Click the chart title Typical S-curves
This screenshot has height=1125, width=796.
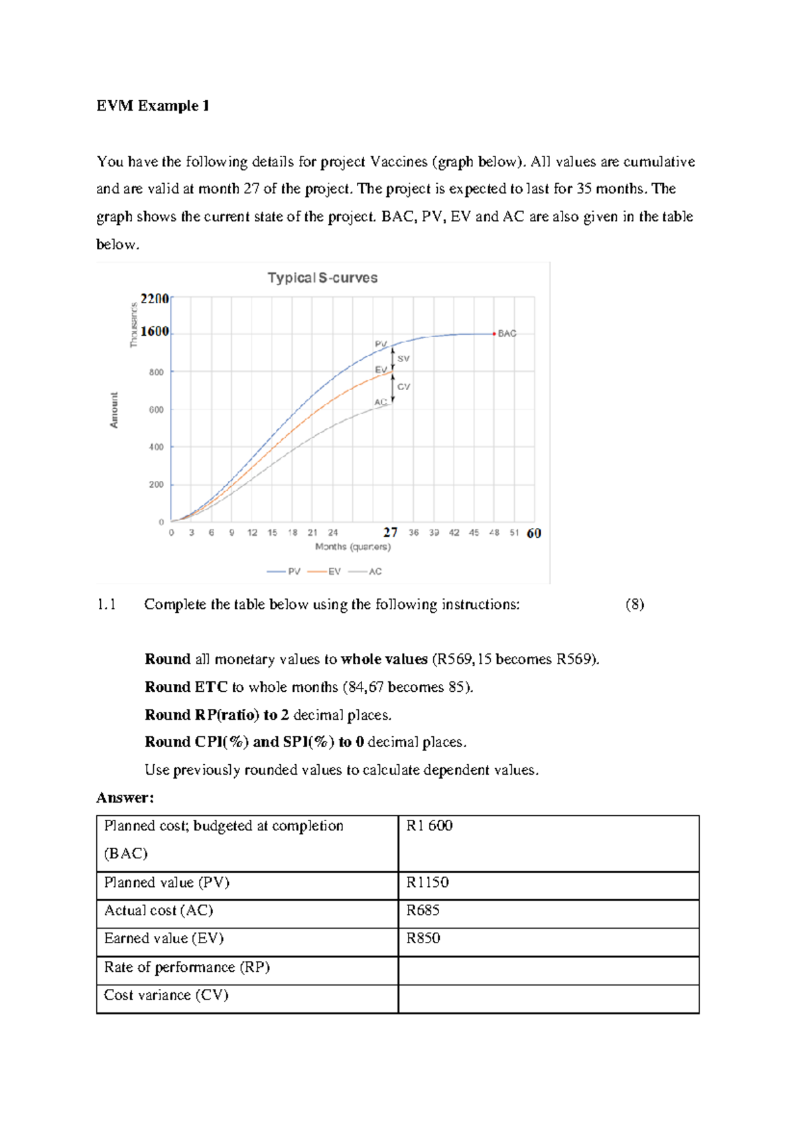coord(322,278)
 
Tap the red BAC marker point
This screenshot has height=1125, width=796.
coord(494,334)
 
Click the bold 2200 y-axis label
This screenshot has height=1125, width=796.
coord(155,298)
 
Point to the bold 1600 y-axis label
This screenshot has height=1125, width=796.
coord(155,331)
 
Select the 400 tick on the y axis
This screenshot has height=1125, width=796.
coord(157,447)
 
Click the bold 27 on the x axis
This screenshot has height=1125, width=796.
coord(390,533)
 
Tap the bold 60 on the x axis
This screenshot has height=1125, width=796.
coord(534,533)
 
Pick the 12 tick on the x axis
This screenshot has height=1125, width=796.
coord(252,533)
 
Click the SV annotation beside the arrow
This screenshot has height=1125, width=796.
coord(403,359)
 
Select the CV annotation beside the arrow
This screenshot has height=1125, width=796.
coord(403,387)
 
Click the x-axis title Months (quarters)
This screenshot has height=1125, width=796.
coord(353,547)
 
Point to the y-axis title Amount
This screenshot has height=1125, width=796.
coord(114,410)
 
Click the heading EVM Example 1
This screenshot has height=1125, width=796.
coord(153,106)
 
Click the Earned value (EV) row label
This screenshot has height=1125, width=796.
coord(164,938)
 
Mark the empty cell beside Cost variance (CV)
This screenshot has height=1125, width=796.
coord(548,998)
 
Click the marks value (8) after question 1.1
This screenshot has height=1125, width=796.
coord(634,604)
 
